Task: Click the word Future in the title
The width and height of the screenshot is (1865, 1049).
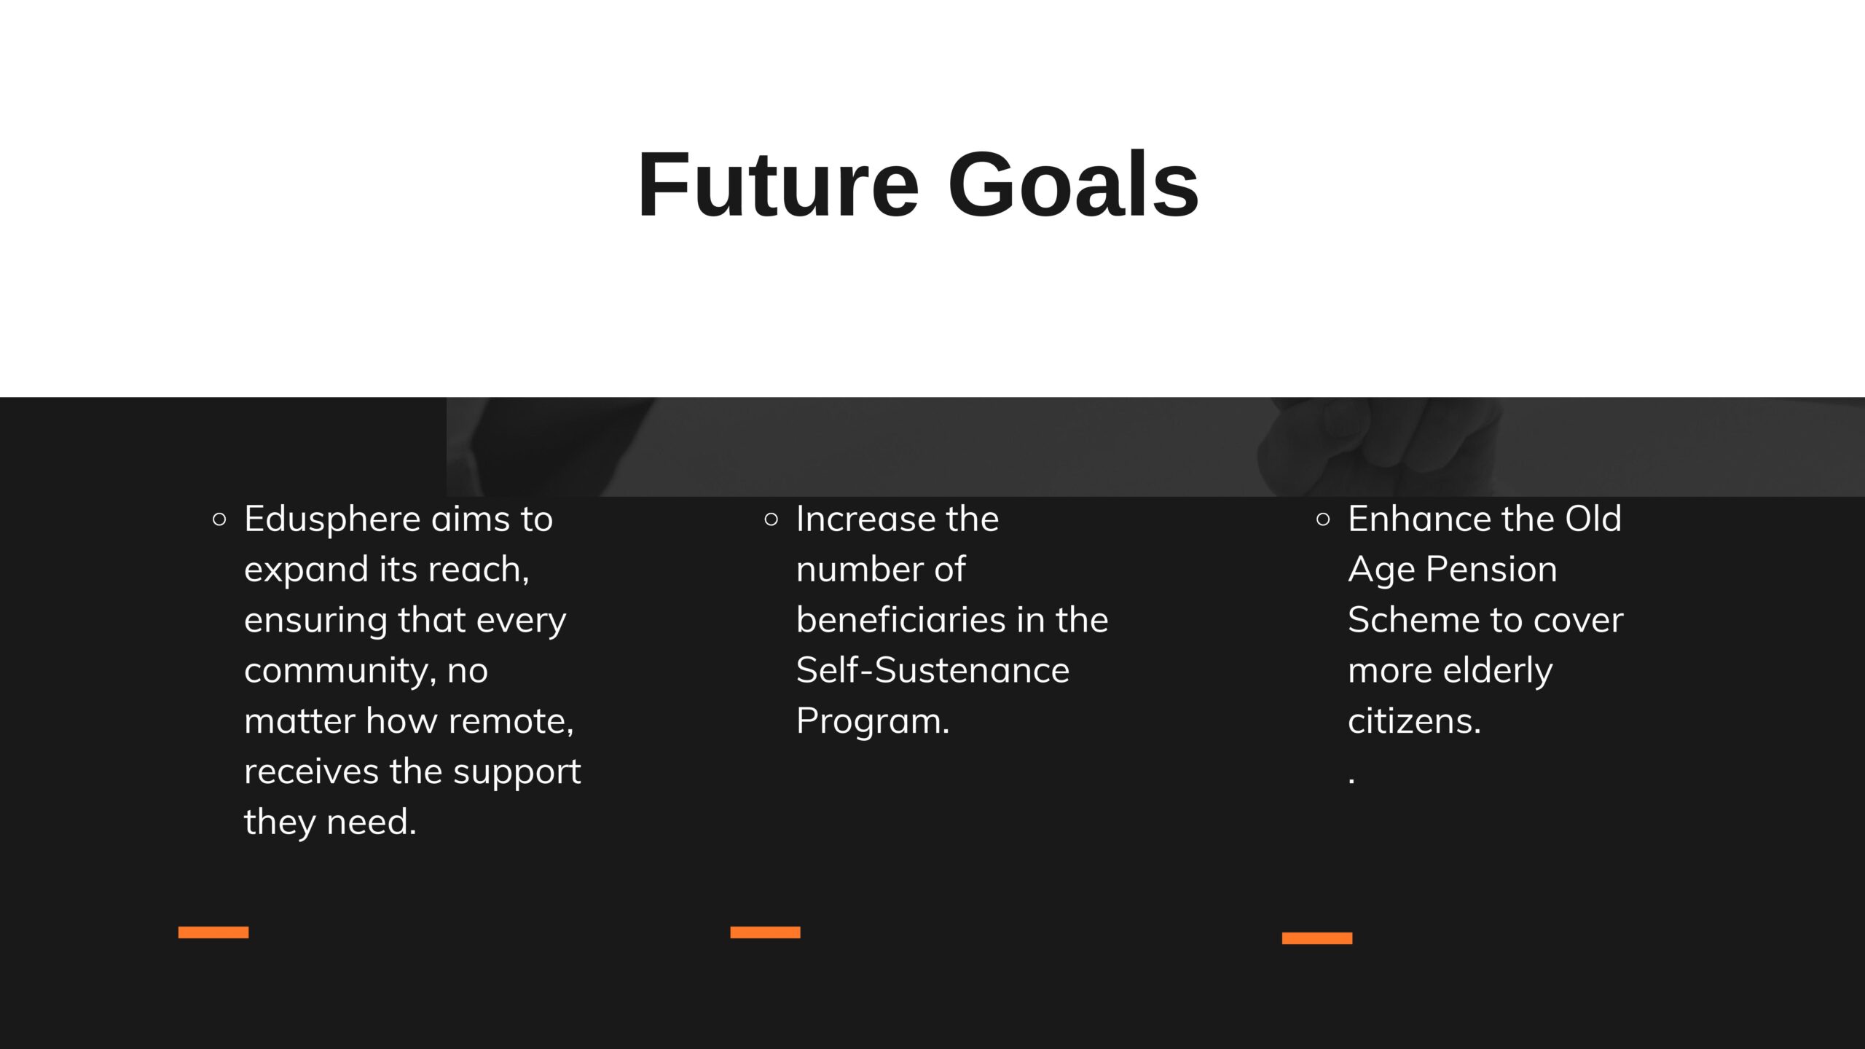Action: tap(779, 184)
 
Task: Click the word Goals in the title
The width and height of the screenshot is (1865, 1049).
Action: tap(1073, 184)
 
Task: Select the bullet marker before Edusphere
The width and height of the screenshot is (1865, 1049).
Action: tap(219, 519)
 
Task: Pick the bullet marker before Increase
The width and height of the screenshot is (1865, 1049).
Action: tap(771, 519)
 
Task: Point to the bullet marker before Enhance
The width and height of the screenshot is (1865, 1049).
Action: tap(1324, 519)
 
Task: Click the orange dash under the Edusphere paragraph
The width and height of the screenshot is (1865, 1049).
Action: tap(213, 932)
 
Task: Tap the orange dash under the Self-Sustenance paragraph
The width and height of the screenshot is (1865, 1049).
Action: tap(765, 932)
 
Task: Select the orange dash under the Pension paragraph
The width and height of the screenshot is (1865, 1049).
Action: tap(1317, 938)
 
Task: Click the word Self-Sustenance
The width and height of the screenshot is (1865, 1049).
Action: tap(933, 670)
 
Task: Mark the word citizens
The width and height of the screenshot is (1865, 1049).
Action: tap(1415, 721)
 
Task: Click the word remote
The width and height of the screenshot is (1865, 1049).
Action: tap(511, 722)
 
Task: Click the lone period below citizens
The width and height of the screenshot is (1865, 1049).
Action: tap(1352, 782)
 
